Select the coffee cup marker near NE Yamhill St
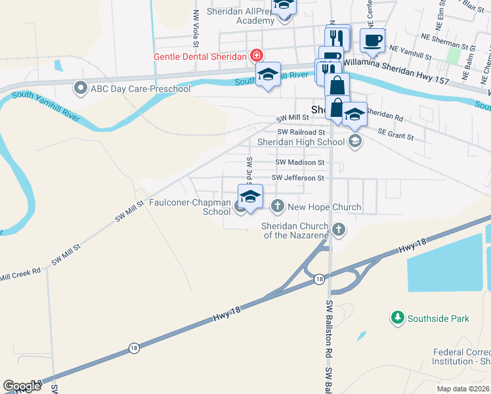(x=372, y=41)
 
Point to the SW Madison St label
(x=299, y=162)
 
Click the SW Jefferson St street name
(x=298, y=178)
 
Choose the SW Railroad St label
(x=301, y=132)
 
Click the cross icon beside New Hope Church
(x=278, y=207)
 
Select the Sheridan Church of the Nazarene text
(x=295, y=230)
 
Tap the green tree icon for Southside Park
(x=397, y=318)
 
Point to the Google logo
(x=22, y=386)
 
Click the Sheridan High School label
(x=302, y=141)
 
